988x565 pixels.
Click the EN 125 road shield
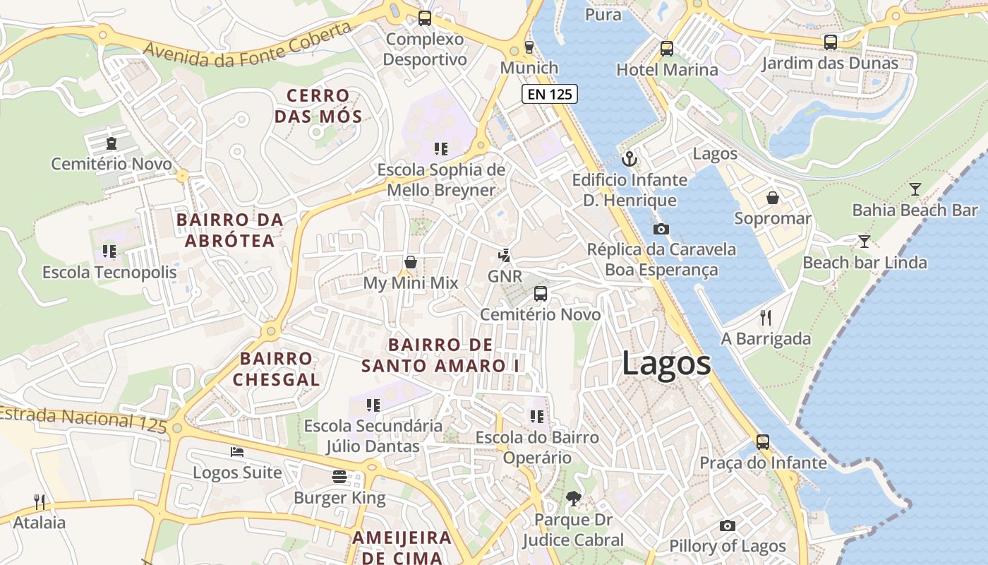pyautogui.click(x=550, y=93)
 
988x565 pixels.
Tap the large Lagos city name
pyautogui.click(x=666, y=364)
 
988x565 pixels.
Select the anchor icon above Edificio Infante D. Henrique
pyautogui.click(x=629, y=159)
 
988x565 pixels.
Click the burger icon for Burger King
pyautogui.click(x=339, y=477)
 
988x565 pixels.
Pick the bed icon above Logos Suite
pyautogui.click(x=237, y=451)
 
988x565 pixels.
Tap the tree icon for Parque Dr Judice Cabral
pyautogui.click(x=573, y=499)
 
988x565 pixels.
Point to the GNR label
pyautogui.click(x=505, y=276)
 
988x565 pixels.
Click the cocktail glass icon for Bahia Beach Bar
pyautogui.click(x=915, y=189)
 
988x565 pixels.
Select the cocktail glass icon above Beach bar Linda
pyautogui.click(x=864, y=242)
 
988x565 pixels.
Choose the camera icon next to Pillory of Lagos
pyautogui.click(x=728, y=525)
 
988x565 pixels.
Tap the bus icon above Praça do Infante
pyautogui.click(x=763, y=442)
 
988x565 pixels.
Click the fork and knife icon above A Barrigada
pyautogui.click(x=766, y=317)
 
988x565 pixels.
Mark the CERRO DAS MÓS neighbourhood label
pyautogui.click(x=318, y=106)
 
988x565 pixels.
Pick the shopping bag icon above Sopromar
pyautogui.click(x=773, y=197)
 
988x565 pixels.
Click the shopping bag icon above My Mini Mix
pyautogui.click(x=411, y=262)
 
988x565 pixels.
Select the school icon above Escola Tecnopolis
pyautogui.click(x=109, y=251)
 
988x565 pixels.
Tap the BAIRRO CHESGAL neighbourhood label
pyautogui.click(x=276, y=369)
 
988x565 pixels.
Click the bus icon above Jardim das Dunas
pyautogui.click(x=831, y=42)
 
